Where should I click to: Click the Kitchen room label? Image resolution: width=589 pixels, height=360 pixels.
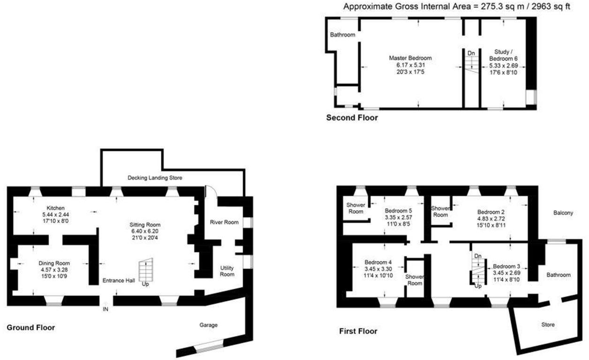pos(55,208)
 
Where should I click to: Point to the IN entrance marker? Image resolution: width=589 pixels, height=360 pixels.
pos(106,309)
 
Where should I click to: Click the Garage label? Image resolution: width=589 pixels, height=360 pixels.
pos(208,325)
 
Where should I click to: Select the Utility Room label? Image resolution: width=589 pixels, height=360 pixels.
pos(227,271)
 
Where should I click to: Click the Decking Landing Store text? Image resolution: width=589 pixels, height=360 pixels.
pos(155,178)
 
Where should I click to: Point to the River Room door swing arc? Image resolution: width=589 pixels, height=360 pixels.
pos(211,191)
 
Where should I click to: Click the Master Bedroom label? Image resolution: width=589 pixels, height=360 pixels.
pos(410,58)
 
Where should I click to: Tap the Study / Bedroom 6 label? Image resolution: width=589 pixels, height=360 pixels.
pos(504,55)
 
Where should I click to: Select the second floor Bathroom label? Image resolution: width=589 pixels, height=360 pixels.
pos(342,35)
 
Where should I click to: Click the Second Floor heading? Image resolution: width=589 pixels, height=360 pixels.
pos(352,118)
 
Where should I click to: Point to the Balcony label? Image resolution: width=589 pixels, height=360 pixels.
pos(563,213)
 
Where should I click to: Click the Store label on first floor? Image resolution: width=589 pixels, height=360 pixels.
pos(548,325)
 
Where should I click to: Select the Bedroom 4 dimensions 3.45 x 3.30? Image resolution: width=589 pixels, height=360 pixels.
pos(378,269)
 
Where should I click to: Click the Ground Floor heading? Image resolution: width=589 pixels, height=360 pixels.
pos(30,328)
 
